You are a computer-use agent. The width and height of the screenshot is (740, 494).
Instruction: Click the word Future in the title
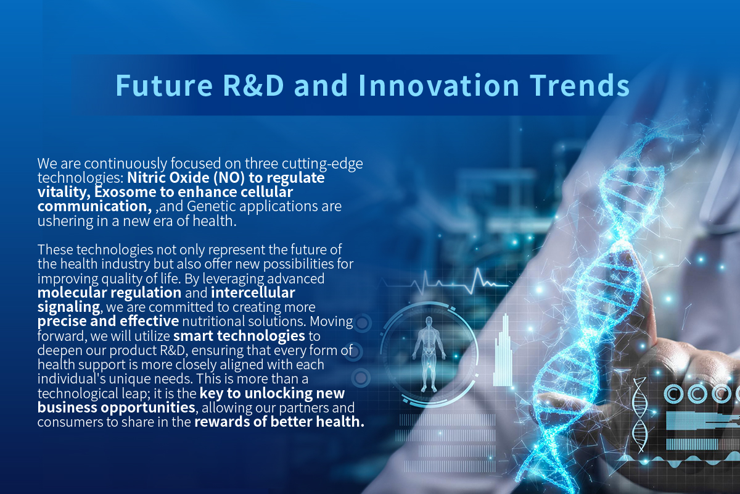(x=164, y=85)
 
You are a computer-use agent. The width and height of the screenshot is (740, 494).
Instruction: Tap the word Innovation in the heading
(x=438, y=85)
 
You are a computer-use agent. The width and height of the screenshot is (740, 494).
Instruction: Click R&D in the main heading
(x=253, y=85)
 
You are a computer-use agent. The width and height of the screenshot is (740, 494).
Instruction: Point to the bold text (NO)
(x=229, y=178)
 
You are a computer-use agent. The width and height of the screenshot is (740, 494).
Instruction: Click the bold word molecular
(x=72, y=293)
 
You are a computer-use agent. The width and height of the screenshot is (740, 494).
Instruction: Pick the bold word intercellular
(x=253, y=293)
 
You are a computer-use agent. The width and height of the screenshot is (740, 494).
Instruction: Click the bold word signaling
(x=68, y=308)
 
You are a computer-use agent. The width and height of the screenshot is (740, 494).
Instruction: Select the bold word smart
(x=193, y=336)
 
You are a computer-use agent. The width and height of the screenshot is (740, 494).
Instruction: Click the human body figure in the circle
(x=429, y=354)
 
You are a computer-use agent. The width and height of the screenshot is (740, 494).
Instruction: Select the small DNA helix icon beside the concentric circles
(x=639, y=415)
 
